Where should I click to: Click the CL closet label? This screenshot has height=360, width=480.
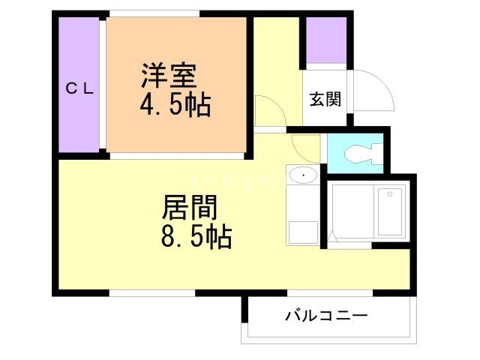(78, 88)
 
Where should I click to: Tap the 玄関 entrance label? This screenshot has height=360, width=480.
(325, 99)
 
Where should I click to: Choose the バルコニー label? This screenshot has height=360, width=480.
(325, 316)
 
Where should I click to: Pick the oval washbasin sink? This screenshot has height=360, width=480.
(302, 175)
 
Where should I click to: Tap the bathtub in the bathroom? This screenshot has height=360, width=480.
(389, 211)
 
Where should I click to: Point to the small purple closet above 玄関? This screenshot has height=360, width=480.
(325, 41)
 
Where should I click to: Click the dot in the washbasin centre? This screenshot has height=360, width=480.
(303, 176)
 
